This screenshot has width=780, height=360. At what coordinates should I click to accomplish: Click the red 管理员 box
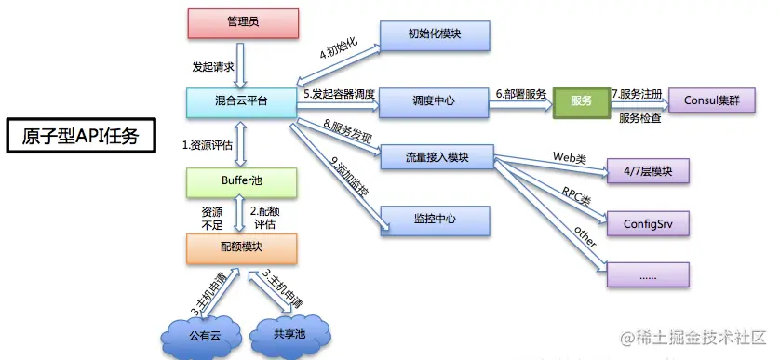point(243,23)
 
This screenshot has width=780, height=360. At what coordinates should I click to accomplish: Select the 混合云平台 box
point(241,100)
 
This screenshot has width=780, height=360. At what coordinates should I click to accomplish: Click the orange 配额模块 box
point(241,247)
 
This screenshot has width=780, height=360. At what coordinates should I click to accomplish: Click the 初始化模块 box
point(435,35)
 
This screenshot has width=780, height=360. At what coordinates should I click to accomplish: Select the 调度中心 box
point(435,100)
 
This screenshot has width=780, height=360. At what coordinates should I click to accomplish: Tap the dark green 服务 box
point(580,100)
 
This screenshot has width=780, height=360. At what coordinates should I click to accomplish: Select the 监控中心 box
point(435,220)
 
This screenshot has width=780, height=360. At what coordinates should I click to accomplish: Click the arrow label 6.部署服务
point(521,94)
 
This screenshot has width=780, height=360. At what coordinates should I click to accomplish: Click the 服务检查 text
point(640,119)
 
